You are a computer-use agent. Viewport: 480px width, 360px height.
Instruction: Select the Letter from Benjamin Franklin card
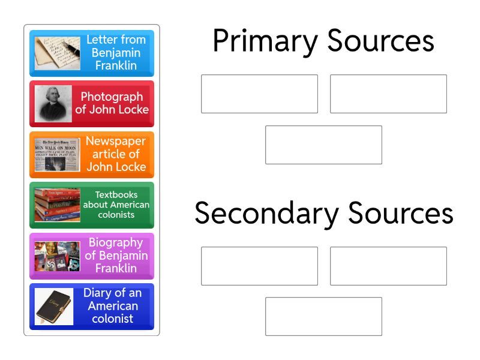pos(92,53)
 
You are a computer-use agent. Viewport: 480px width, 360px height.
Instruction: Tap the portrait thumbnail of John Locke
pos(53,104)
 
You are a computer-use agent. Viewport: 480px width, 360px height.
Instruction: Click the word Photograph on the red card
pos(112,97)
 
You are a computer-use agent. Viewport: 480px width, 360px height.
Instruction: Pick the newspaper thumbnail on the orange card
pos(57,155)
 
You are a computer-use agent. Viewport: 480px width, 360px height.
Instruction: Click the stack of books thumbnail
pos(57,205)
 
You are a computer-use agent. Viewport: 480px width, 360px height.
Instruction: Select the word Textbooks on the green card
pos(116,194)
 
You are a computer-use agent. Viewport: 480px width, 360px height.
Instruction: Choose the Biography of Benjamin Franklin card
pos(92,256)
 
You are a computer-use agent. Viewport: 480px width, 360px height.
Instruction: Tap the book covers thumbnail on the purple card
pos(57,256)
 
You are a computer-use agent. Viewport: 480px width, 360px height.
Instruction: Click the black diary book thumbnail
pos(54,307)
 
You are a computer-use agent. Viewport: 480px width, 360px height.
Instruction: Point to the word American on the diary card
pos(113,306)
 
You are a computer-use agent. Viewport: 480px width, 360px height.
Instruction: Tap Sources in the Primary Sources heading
pos(381,41)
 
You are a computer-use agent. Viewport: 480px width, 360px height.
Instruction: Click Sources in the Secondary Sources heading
pos(401,213)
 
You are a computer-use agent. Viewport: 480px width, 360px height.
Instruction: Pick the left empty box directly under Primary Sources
pos(260,94)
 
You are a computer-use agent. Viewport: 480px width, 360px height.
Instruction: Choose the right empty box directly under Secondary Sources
pos(388,266)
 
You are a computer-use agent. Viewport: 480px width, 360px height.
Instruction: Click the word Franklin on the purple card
pos(116,268)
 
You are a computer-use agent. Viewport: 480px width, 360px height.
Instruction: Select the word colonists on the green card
pos(116,215)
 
